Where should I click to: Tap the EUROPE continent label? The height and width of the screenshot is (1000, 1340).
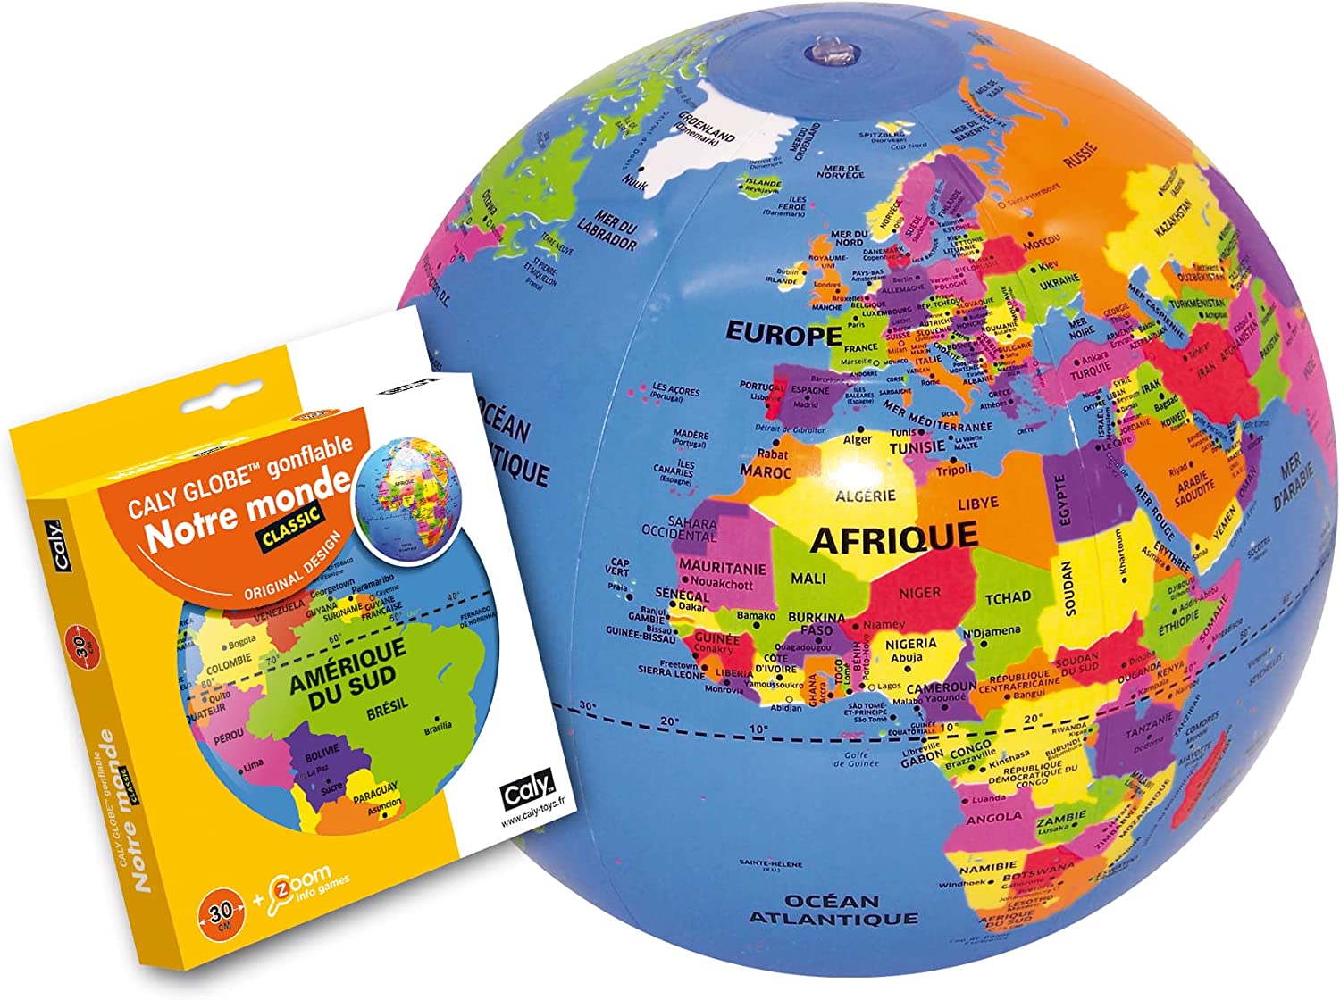pos(783,334)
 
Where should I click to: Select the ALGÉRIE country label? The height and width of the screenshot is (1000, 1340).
pos(865,496)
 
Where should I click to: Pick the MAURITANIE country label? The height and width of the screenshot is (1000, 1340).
pos(722,567)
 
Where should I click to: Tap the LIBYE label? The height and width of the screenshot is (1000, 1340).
pos(977,504)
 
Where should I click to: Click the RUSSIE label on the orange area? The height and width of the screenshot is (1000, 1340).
pos(1080,156)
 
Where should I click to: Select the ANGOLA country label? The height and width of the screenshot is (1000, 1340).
pos(993,817)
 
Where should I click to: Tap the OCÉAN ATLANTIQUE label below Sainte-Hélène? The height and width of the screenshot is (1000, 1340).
pos(833,909)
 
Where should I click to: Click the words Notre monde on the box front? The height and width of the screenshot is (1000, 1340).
pos(247,510)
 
